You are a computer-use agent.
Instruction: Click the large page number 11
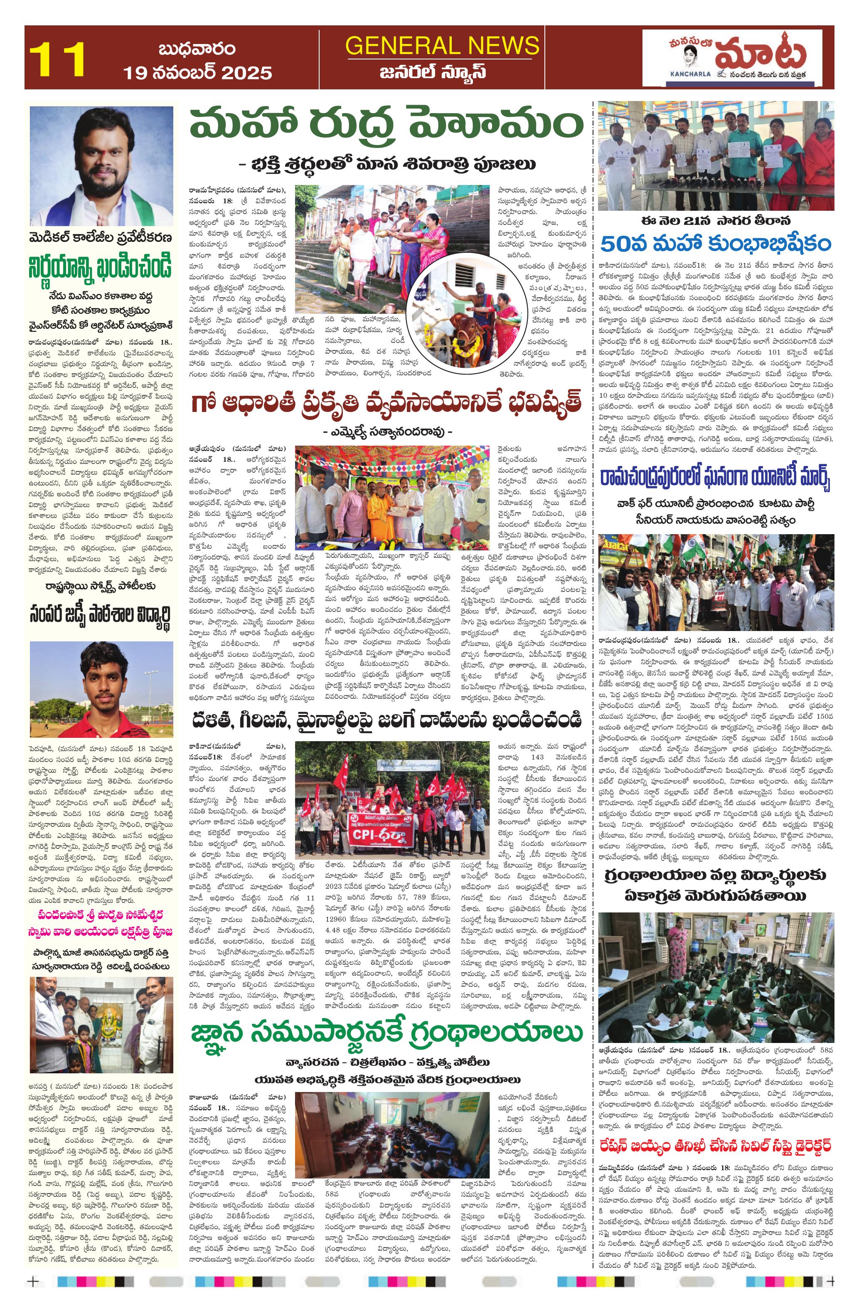point(57,59)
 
